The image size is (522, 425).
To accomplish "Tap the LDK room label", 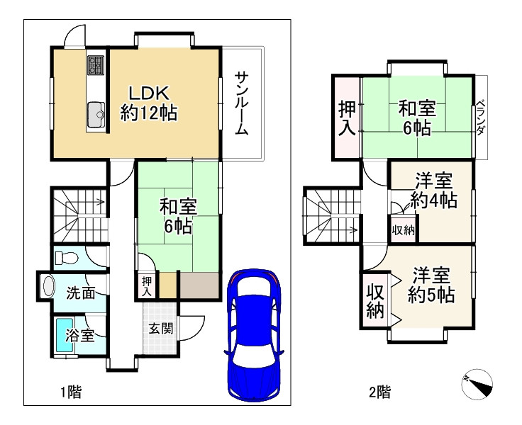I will coord(148,93).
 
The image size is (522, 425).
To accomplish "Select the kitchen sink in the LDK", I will coord(95,113).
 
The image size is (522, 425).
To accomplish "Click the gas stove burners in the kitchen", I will coord(95,64).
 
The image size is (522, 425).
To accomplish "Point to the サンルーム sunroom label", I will coord(242,103).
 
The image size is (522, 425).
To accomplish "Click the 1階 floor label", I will coord(70,390).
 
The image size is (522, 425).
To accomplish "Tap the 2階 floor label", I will coord(379,390).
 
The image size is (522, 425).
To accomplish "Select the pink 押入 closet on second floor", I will coord(346,118).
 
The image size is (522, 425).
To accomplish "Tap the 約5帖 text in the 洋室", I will coord(431,295).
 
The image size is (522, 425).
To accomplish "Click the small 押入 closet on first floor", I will coord(147,286).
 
